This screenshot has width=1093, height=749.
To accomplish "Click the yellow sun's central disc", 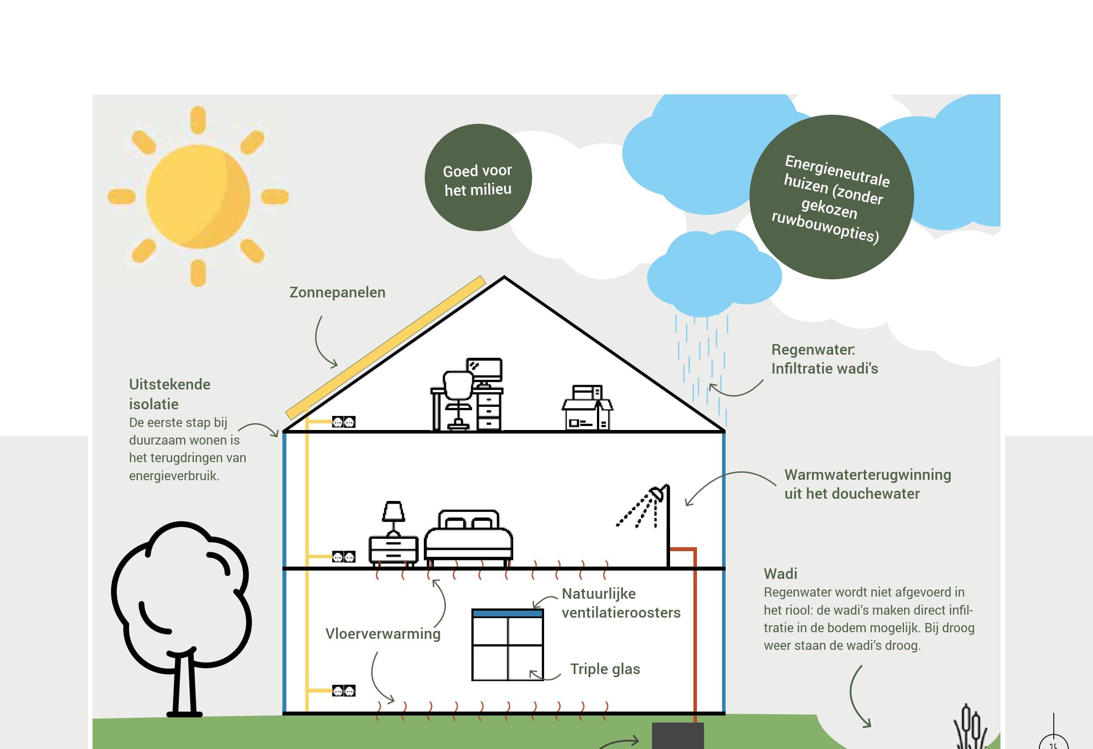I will pyautogui.click(x=197, y=196).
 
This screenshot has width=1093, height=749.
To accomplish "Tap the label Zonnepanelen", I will pyautogui.click(x=337, y=292).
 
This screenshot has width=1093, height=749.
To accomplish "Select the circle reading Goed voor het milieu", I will pyautogui.click(x=478, y=178).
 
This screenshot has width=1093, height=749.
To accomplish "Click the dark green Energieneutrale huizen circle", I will pyautogui.click(x=831, y=197).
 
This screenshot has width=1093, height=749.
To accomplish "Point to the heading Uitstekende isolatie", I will pyautogui.click(x=169, y=394).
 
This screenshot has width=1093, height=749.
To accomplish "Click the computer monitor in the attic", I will pyautogui.click(x=485, y=370).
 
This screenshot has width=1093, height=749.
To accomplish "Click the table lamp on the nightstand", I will pyautogui.click(x=393, y=515).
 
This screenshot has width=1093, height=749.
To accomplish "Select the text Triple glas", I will pyautogui.click(x=605, y=668).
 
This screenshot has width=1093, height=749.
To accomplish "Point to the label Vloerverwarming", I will pyautogui.click(x=383, y=633).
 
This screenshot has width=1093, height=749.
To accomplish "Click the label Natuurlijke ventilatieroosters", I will pyautogui.click(x=621, y=603).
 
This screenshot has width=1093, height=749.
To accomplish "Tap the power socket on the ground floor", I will pyautogui.click(x=344, y=691).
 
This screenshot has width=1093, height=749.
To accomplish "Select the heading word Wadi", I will pyautogui.click(x=780, y=574).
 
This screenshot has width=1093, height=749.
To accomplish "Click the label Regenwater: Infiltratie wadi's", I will pyautogui.click(x=824, y=359).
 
